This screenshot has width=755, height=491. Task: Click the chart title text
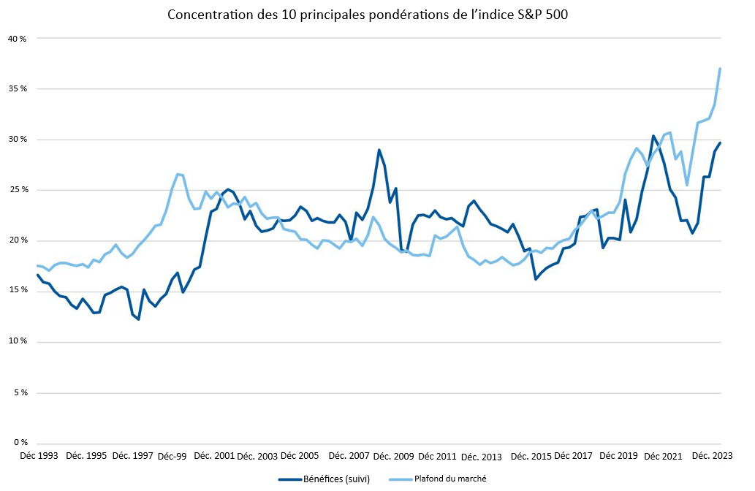point(377,15)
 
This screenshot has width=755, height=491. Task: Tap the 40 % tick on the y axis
point(18,38)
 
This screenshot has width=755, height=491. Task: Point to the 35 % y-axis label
point(18,88)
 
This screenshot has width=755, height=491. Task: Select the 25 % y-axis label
point(18,190)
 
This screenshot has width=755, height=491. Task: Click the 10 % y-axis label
point(18,342)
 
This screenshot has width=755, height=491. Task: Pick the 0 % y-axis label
point(20,443)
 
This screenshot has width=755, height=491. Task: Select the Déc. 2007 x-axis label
point(349,455)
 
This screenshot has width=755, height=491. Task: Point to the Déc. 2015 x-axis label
point(531,456)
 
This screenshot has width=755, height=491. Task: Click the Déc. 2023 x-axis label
point(713,455)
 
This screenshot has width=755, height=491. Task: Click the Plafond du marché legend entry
point(449,479)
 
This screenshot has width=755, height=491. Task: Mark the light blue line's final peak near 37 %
point(721,69)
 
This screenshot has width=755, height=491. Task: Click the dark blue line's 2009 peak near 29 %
point(379,150)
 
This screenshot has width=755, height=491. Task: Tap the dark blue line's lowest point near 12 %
point(138,319)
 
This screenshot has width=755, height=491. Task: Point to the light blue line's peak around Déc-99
point(178,174)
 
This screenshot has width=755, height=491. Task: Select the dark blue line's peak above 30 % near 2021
point(653,136)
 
